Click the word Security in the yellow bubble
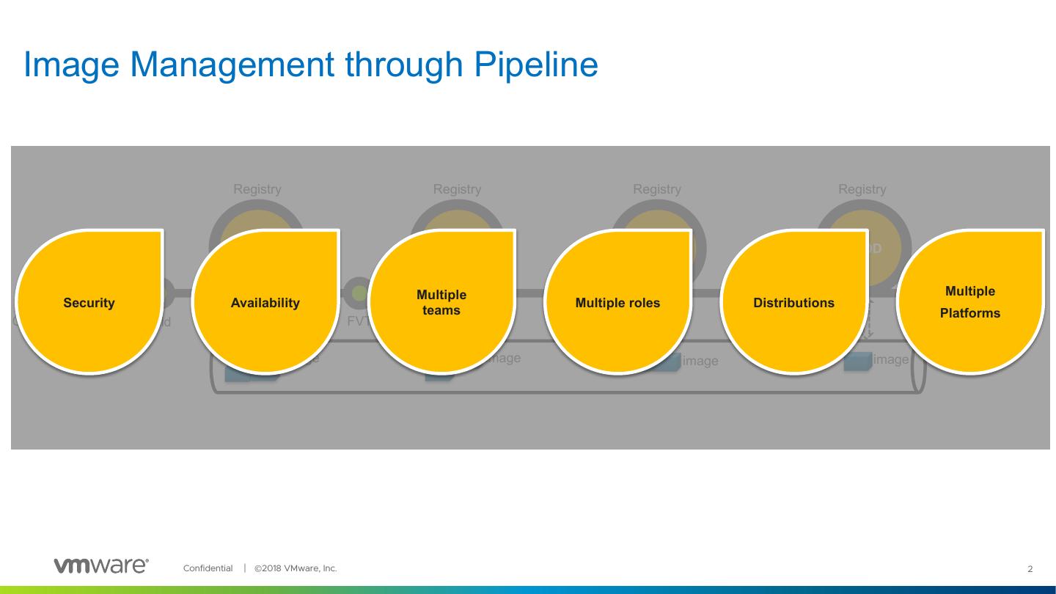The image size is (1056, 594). point(89,303)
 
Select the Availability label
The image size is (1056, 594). point(265,303)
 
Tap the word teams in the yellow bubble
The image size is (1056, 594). point(441,311)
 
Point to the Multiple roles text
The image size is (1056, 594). point(617,303)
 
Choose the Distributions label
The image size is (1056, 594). point(793,303)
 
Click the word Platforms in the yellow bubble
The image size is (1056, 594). point(969,313)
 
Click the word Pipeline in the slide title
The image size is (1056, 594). point(536,65)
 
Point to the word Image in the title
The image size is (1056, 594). point(71,65)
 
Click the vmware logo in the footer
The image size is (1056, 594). point(101,565)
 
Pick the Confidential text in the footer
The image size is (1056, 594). point(208,568)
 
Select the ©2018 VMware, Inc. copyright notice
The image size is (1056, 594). point(296,568)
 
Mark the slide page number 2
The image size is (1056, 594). point(1030,569)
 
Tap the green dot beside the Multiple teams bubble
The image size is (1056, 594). point(359,293)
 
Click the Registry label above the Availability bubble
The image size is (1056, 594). point(257,189)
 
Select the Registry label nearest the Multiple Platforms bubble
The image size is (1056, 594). point(862,189)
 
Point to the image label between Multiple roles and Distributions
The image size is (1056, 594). point(700,361)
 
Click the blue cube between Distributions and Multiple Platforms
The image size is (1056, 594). point(857,361)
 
